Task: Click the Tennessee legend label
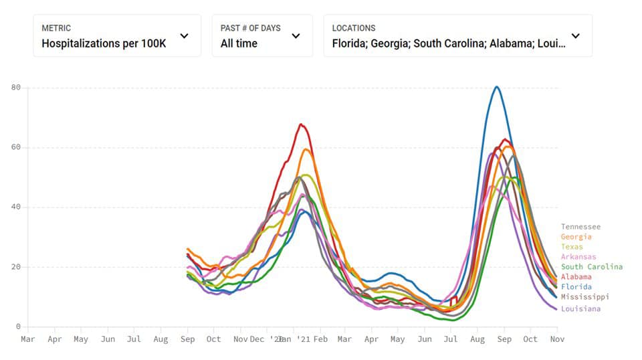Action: coord(580,227)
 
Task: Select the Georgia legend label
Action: coord(576,237)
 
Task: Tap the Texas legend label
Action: coord(571,247)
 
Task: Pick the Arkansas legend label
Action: coord(578,257)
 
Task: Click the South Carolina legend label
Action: coord(591,267)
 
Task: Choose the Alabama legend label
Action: coord(576,277)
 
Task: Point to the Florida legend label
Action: coord(576,287)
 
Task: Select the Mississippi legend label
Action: coord(584,297)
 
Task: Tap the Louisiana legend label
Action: coord(580,308)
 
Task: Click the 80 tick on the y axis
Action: coord(16,88)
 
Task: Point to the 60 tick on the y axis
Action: coord(16,147)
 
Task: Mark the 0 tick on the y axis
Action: coord(19,327)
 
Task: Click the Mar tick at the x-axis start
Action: coord(28,339)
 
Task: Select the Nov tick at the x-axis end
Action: coord(557,339)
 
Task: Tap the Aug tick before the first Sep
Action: coord(160,339)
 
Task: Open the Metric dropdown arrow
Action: coord(185,36)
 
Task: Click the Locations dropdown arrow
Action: coord(576,36)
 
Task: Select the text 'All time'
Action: coord(239,43)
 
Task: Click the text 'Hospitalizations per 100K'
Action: coord(104,43)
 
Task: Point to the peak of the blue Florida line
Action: coord(496,87)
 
